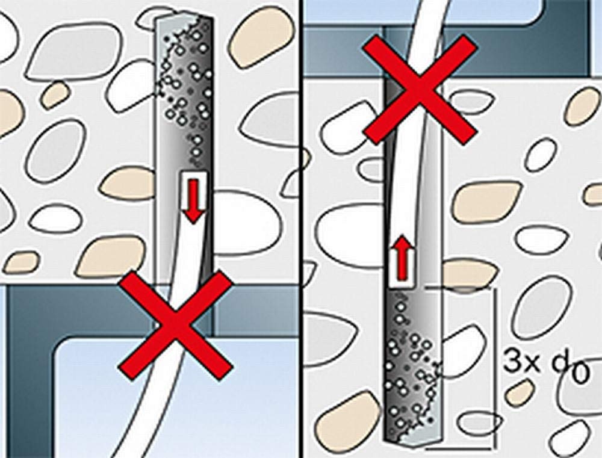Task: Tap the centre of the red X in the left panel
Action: tap(175, 325)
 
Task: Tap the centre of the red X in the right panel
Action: tap(420, 90)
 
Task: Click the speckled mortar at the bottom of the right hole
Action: tap(413, 368)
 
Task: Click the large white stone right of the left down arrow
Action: tap(246, 222)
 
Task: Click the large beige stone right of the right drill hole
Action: tap(487, 202)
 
